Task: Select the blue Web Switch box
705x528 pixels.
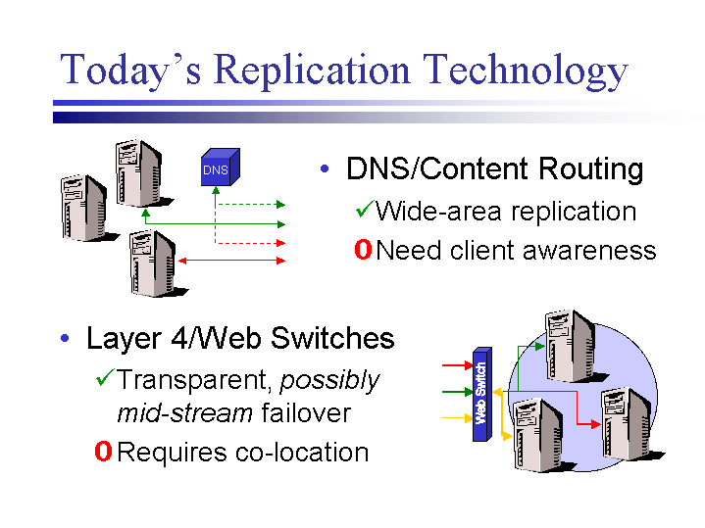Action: coord(481,393)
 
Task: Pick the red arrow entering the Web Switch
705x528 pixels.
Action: coord(457,365)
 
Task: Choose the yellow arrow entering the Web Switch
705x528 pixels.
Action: coord(457,418)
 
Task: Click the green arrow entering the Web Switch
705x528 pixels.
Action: coord(457,392)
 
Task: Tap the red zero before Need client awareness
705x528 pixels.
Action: coord(362,251)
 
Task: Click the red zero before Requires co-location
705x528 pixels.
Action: coord(102,453)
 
